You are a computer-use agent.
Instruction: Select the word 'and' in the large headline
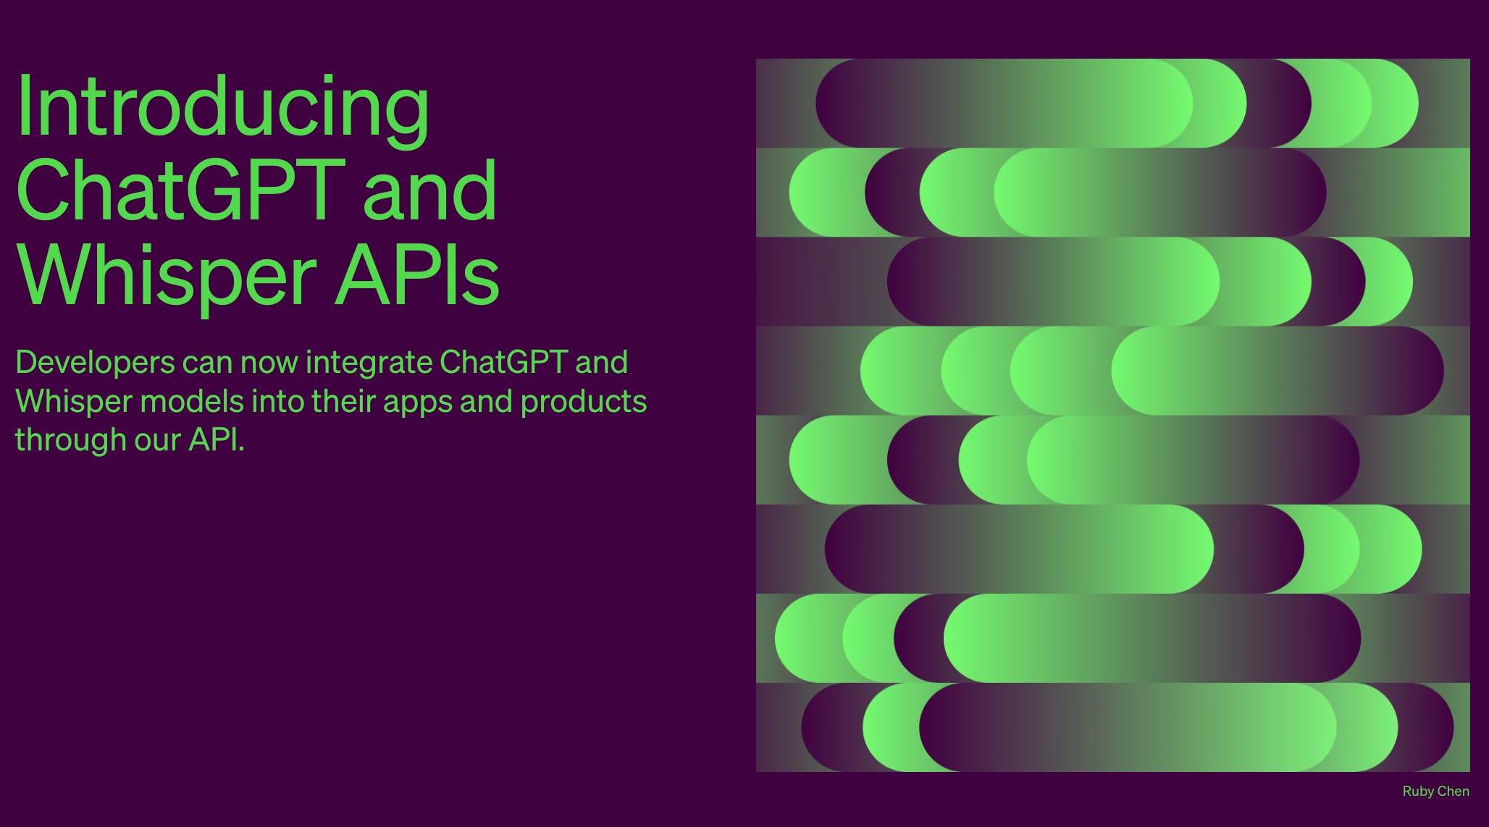(x=430, y=189)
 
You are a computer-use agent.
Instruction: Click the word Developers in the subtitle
(x=95, y=363)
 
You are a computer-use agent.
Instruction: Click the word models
(x=191, y=401)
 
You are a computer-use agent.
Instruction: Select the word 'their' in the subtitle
(x=343, y=401)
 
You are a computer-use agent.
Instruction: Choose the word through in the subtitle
(x=71, y=440)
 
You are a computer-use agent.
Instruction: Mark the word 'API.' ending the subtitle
(x=217, y=439)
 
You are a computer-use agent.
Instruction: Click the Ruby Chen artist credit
(x=1435, y=792)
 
